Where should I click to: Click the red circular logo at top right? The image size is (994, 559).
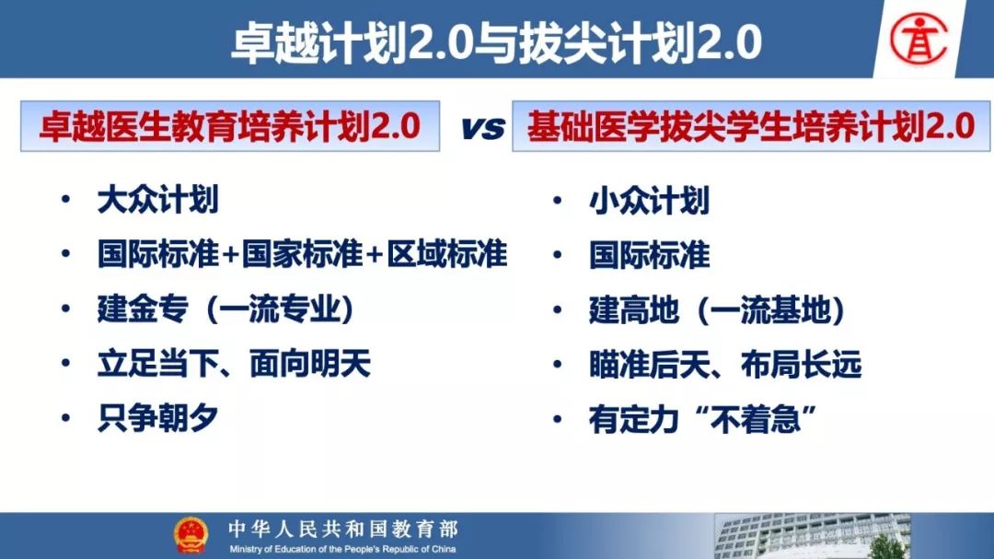[919, 39]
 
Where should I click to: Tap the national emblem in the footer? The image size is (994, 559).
[191, 536]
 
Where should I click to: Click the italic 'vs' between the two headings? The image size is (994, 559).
[483, 127]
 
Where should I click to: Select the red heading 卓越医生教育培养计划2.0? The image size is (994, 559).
[229, 125]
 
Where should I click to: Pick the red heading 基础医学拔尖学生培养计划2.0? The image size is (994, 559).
[751, 125]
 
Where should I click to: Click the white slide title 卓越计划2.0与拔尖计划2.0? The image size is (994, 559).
[496, 42]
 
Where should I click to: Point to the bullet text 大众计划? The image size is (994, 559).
[158, 200]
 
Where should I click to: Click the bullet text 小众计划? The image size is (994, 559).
[649, 201]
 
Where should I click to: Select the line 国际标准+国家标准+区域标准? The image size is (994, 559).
[303, 254]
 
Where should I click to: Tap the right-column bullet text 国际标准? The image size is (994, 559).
[649, 255]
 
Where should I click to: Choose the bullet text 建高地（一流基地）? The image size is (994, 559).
[718, 310]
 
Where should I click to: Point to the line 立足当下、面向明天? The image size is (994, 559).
[234, 364]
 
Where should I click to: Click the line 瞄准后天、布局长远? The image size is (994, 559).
[725, 365]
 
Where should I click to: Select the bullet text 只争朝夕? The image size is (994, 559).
[158, 418]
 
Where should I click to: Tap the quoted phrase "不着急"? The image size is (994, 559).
[755, 419]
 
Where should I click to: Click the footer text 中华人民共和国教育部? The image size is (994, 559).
[343, 529]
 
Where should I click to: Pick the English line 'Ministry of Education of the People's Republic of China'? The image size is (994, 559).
[342, 549]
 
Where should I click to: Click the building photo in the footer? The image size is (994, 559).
[813, 536]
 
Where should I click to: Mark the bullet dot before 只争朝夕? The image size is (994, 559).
[65, 418]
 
